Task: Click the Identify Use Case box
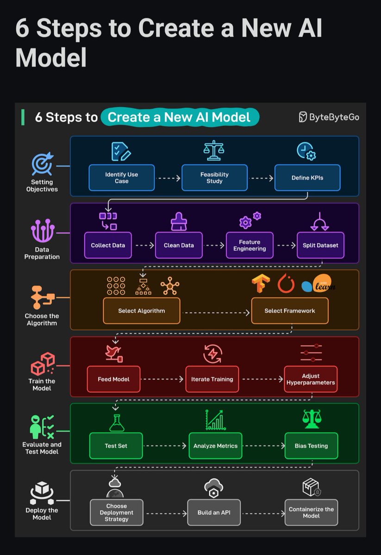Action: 121,178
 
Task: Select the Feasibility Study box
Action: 214,178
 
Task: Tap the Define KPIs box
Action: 307,178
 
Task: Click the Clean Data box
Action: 178,245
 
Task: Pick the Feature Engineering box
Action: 249,245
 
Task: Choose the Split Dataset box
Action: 320,245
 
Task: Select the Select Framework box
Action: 289,311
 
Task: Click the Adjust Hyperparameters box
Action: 310,379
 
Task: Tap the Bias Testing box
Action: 311,446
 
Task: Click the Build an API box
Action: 214,512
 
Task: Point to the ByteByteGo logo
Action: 329,117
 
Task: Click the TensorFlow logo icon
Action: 261,284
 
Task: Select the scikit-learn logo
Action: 318,284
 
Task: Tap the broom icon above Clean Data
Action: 178,222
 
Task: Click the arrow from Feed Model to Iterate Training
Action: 162,379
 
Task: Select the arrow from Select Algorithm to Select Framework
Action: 215,313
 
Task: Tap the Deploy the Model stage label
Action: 42,514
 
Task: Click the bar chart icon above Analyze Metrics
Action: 215,420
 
